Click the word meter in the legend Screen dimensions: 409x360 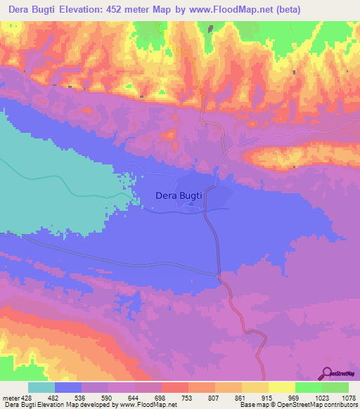(x=11, y=398)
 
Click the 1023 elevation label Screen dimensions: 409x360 (x=321, y=398)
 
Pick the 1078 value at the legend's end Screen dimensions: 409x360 (x=347, y=398)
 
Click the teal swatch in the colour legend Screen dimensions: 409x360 (x=41, y=387)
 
